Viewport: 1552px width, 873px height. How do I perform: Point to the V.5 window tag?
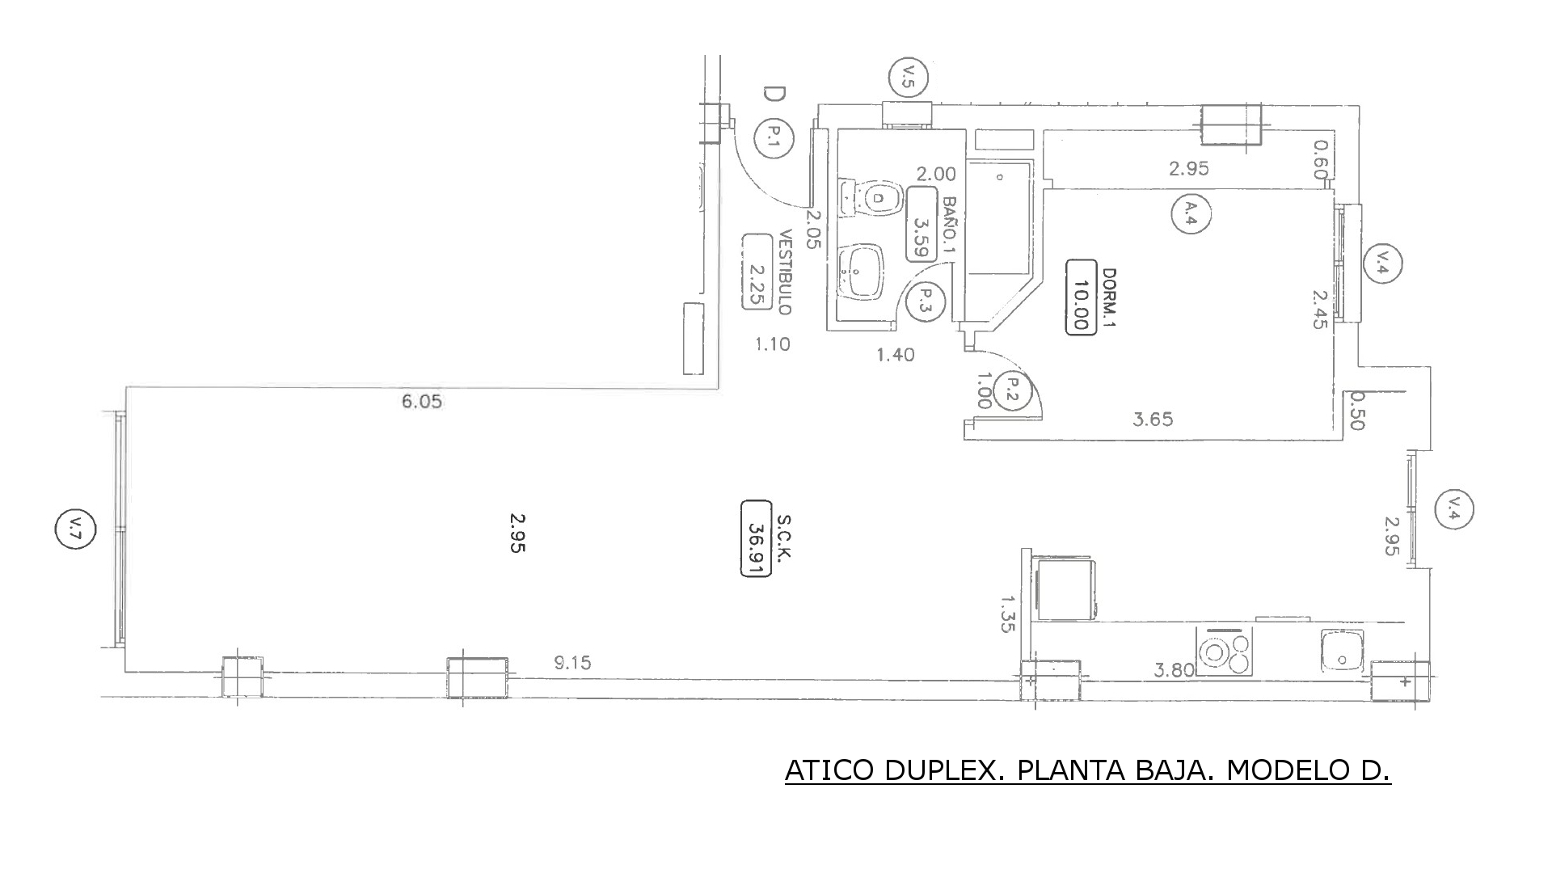tap(908, 78)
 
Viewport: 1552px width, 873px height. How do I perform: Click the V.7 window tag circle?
tap(75, 530)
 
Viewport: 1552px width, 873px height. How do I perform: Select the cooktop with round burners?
tap(1224, 652)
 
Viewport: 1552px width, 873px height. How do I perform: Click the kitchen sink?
tap(1342, 652)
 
